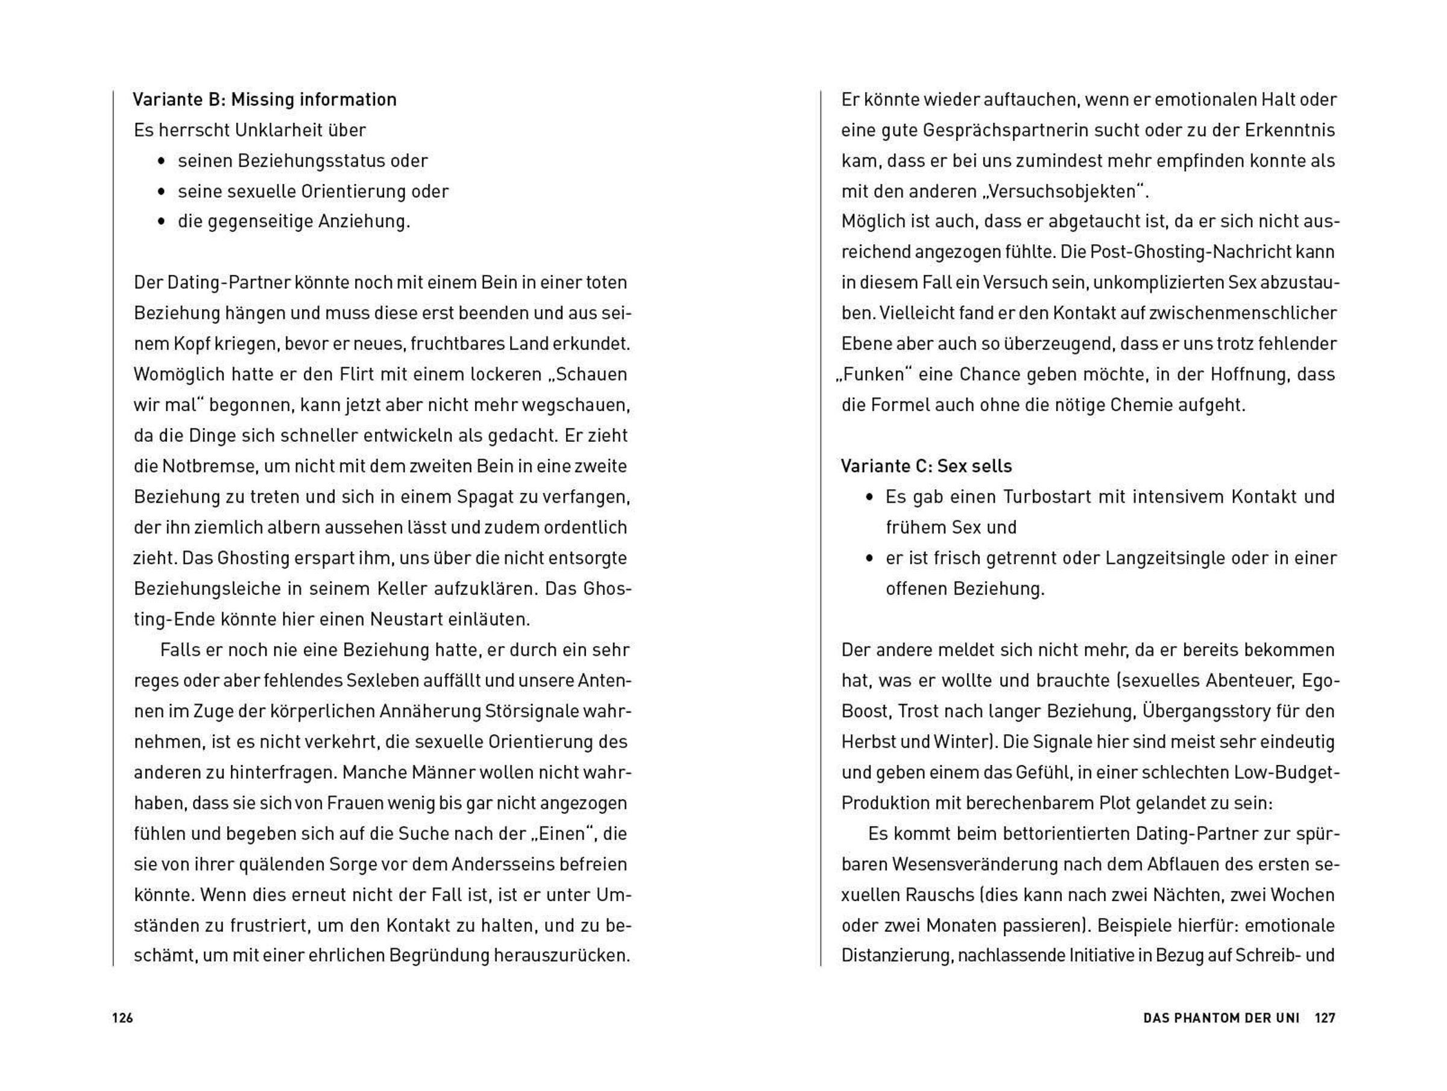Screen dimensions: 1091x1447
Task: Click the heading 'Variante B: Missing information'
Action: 264,100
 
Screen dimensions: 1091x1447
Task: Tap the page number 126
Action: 122,1017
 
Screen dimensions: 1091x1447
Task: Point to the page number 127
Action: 1325,1017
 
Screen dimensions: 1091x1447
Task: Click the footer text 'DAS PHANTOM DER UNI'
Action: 1222,1017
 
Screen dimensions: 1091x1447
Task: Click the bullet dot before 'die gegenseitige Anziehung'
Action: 162,222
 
